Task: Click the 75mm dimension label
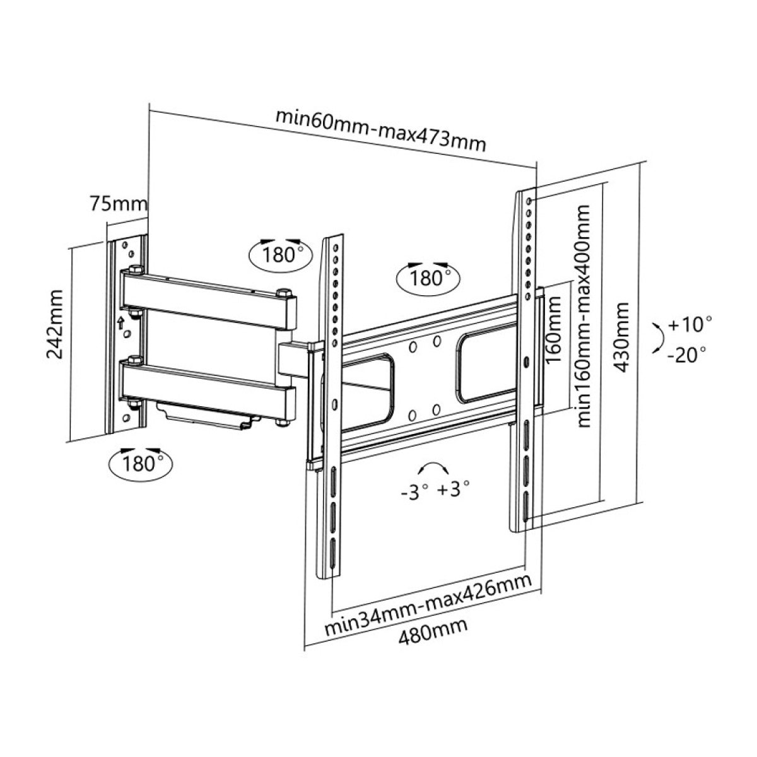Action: (119, 204)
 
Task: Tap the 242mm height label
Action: (55, 324)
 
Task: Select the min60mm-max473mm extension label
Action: (381, 131)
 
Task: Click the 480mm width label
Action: (433, 632)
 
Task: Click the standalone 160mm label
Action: (554, 330)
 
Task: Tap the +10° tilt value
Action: (690, 324)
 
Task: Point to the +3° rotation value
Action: (454, 490)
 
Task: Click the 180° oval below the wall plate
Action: (140, 464)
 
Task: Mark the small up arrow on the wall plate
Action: (121, 322)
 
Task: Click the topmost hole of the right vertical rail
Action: (529, 201)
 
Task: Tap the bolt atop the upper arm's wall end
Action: (136, 269)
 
